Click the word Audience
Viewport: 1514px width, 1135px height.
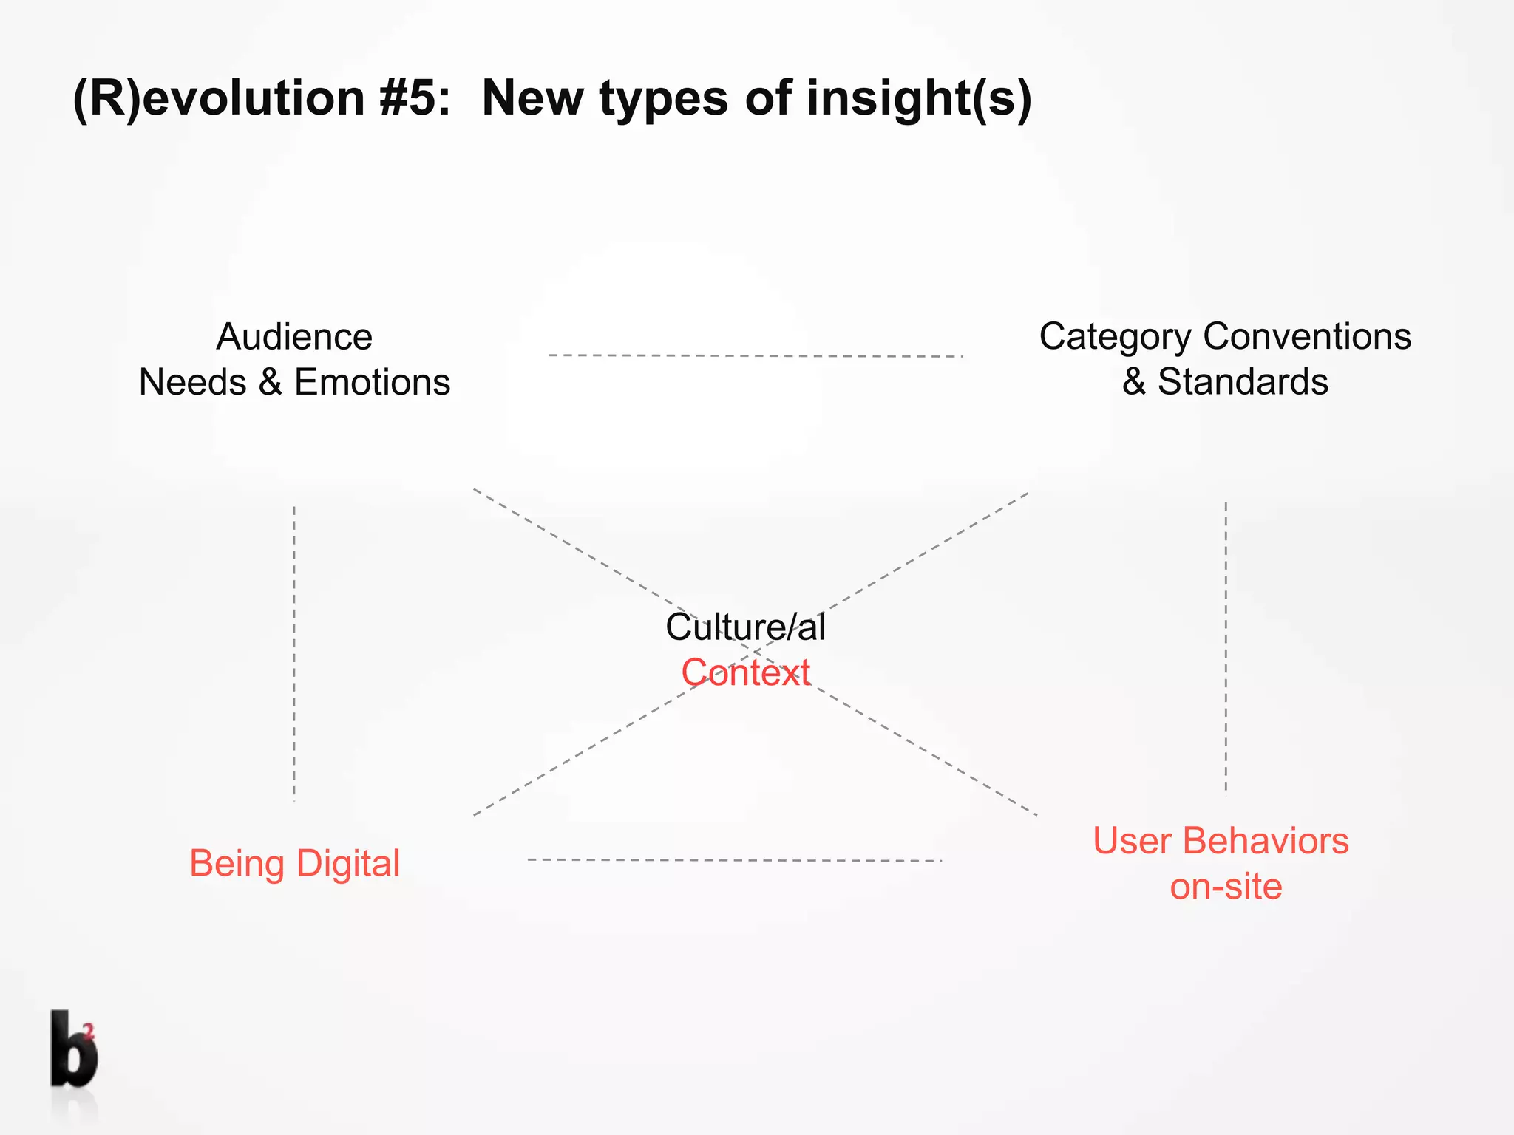[x=294, y=337]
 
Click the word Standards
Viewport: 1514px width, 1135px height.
[x=1243, y=382]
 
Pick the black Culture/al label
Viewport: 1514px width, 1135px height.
[x=745, y=627]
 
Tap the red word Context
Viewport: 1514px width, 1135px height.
[x=745, y=672]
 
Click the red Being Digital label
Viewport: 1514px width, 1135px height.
[x=294, y=863]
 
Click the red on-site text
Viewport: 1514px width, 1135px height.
[x=1226, y=886]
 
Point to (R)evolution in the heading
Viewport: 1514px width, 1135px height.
[x=219, y=98]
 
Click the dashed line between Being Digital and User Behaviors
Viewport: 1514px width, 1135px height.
[x=734, y=860]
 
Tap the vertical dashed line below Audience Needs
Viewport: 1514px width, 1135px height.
[x=294, y=653]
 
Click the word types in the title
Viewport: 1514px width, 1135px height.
[x=663, y=98]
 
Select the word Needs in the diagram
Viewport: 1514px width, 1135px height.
[x=192, y=383]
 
